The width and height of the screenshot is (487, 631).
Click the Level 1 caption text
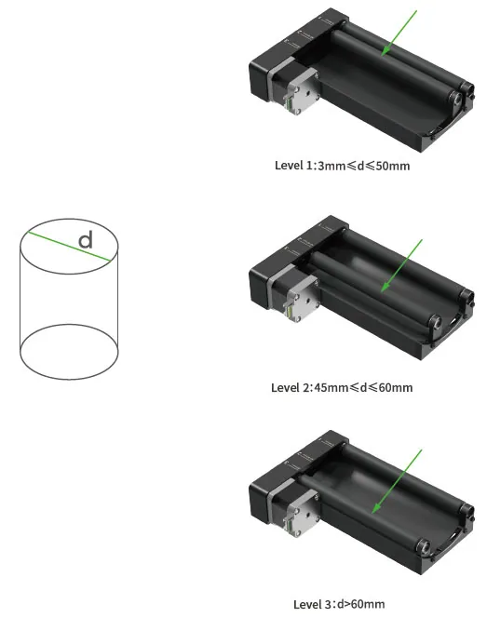click(342, 166)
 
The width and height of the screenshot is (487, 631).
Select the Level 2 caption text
click(342, 387)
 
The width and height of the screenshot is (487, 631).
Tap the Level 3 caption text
click(339, 604)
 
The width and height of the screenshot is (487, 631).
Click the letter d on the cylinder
click(86, 240)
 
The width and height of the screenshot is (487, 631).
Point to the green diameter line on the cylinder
click(69, 247)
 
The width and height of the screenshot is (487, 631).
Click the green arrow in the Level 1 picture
click(399, 33)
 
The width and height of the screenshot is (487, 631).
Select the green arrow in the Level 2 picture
click(401, 265)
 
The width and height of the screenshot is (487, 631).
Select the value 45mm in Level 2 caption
click(331, 387)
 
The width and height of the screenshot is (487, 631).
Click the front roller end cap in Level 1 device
click(455, 99)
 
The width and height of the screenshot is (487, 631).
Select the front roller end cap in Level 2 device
click(435, 322)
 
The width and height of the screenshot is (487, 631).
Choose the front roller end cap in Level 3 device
click(424, 546)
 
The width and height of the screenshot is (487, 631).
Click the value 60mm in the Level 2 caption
click(396, 387)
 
